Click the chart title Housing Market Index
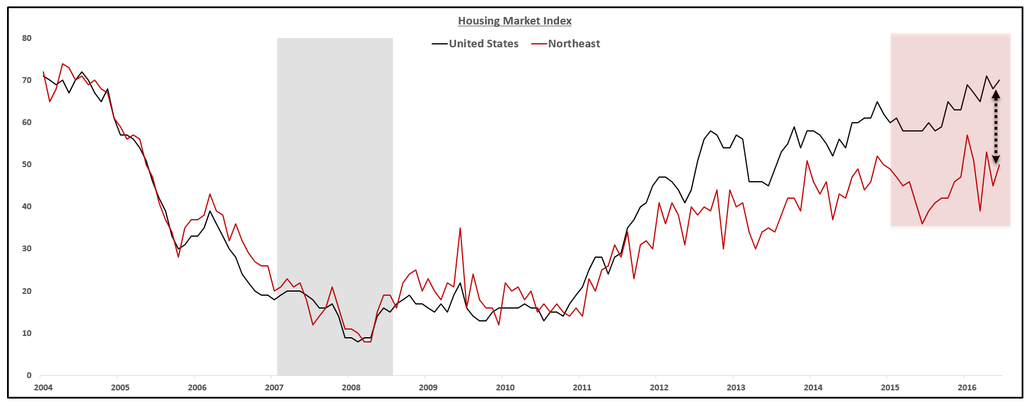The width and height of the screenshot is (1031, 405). (515, 21)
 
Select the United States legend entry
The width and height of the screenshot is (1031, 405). (483, 44)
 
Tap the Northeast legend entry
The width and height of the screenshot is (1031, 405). (574, 44)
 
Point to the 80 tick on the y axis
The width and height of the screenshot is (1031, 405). (27, 38)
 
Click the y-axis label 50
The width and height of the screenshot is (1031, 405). (27, 164)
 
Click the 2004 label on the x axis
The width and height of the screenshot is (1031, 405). (43, 387)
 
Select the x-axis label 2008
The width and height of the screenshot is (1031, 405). (351, 387)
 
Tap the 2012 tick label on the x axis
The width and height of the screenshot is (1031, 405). (659, 387)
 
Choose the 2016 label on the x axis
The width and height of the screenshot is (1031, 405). (967, 387)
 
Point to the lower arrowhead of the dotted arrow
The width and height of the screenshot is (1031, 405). (995, 159)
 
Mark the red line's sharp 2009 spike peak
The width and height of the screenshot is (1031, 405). (460, 228)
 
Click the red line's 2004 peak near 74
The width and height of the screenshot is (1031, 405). (63, 64)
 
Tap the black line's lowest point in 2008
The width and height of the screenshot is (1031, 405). (358, 341)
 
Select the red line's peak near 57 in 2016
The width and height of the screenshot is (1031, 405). (967, 135)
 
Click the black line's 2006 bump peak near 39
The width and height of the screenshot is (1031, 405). (210, 211)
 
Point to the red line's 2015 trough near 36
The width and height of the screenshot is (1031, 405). (922, 224)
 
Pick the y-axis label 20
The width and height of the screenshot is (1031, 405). (27, 291)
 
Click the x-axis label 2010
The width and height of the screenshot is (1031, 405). (505, 387)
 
